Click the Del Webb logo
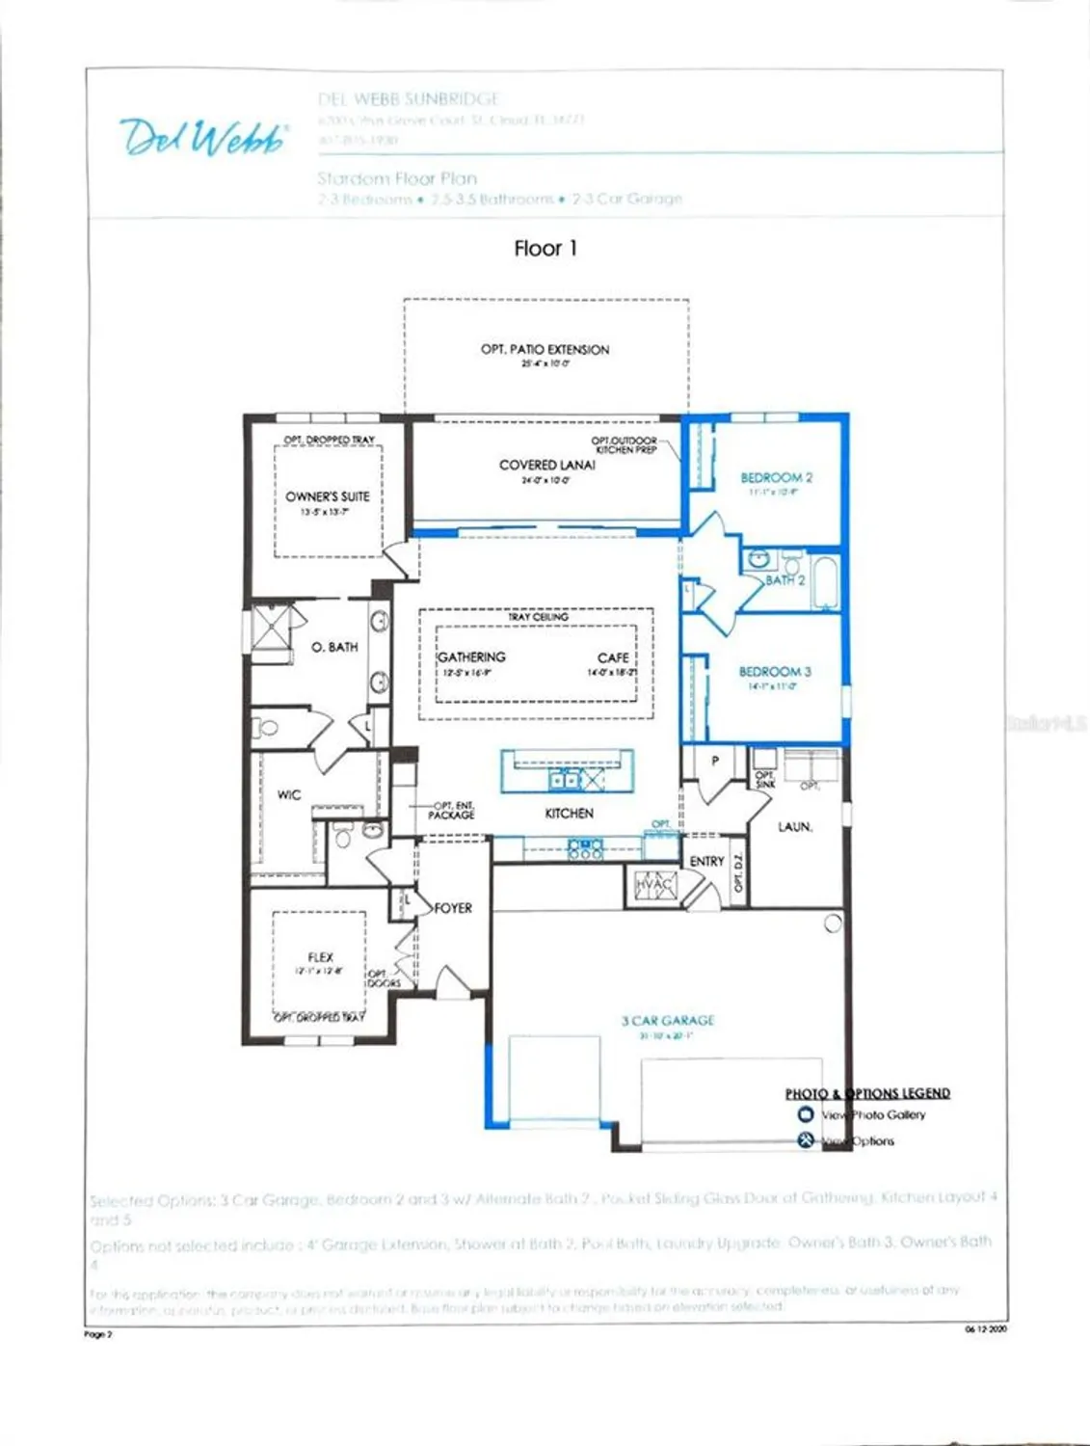[x=203, y=137]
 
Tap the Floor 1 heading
[x=545, y=249]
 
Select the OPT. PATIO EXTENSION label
[x=545, y=350]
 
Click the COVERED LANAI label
[x=546, y=465]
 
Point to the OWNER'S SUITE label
[x=327, y=496]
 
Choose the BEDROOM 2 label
[x=776, y=477]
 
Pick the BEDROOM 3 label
[x=775, y=672]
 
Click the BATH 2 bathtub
[x=825, y=581]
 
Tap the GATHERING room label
[x=471, y=657]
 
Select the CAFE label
[x=612, y=657]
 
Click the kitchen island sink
[x=565, y=779]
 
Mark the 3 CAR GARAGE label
[x=668, y=1021]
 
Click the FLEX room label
[x=320, y=957]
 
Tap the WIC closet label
[x=289, y=795]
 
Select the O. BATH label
[x=334, y=647]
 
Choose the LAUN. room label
[x=795, y=827]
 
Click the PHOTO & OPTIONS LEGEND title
[x=867, y=1093]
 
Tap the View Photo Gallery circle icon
[x=806, y=1114]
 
